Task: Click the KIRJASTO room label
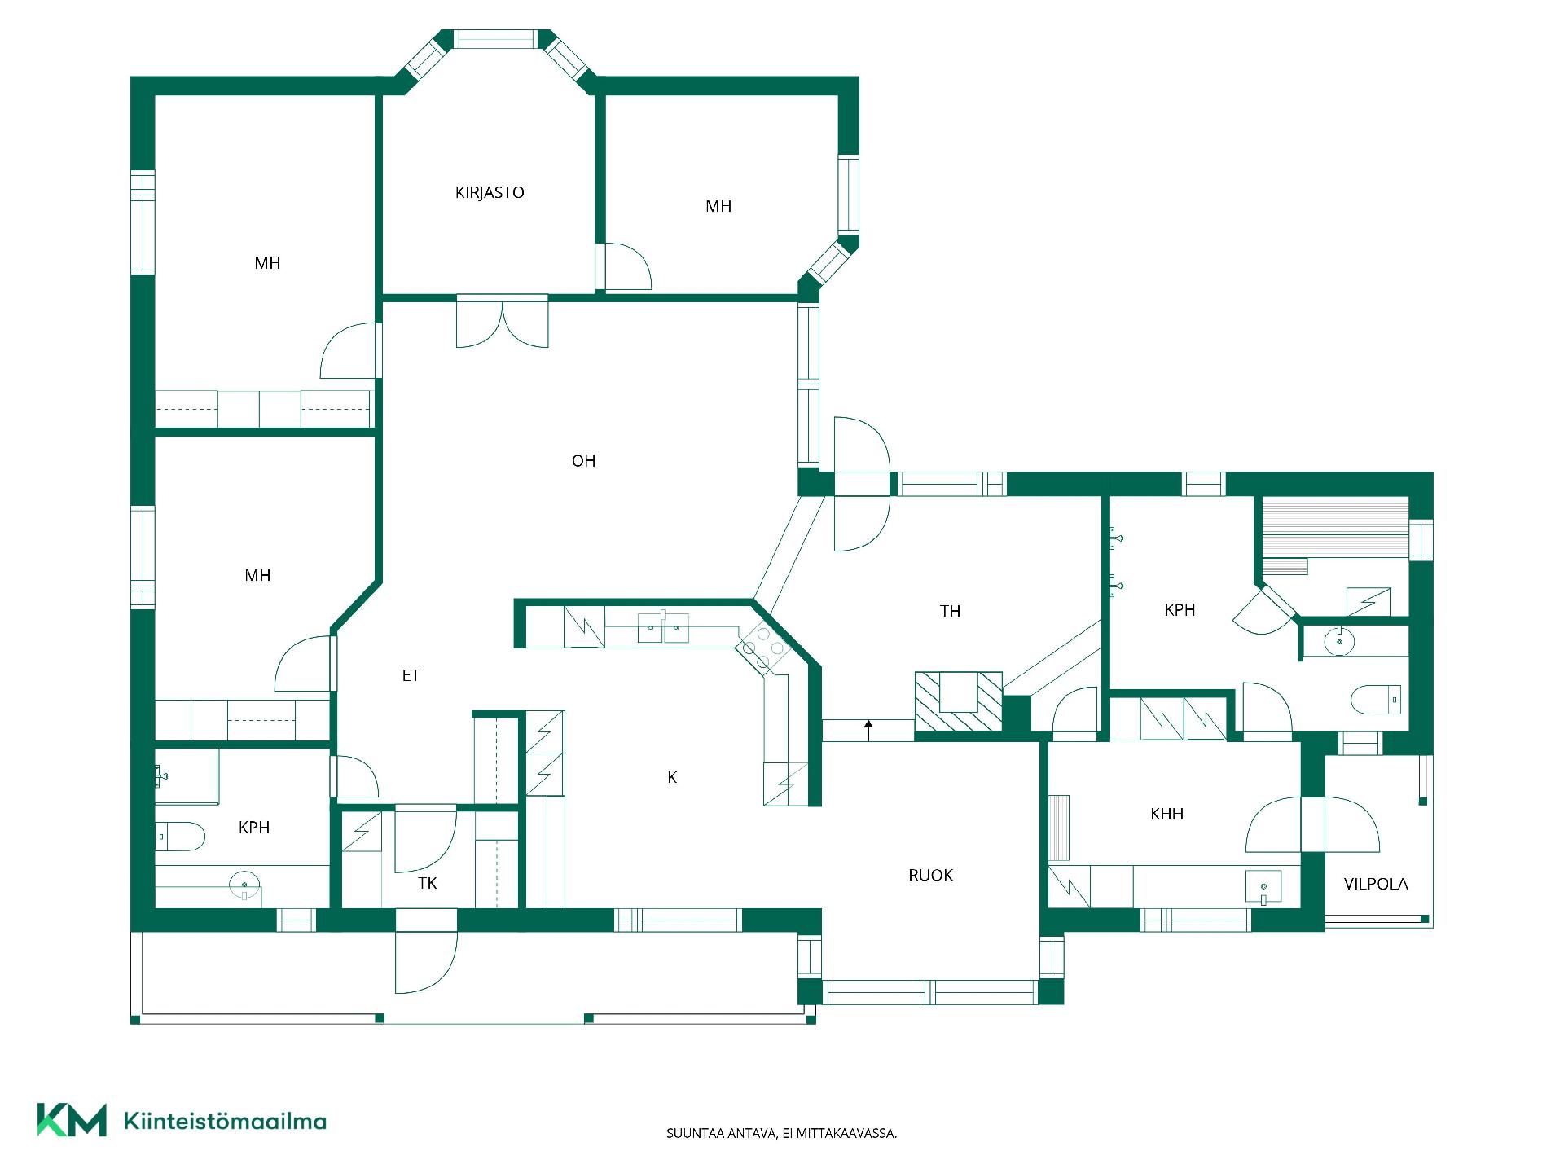point(490,192)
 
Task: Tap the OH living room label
point(583,461)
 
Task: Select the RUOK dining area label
point(930,875)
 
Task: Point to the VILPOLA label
point(1376,884)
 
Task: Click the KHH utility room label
point(1166,814)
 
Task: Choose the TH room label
point(950,611)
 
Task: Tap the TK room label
point(427,883)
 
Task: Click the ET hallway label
point(411,675)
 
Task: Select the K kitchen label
point(672,777)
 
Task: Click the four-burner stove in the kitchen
point(762,648)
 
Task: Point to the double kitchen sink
point(662,628)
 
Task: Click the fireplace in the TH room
point(959,701)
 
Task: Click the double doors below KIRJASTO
point(503,321)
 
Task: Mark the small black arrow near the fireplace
point(868,729)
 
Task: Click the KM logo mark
point(72,1120)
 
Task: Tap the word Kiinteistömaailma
point(225,1121)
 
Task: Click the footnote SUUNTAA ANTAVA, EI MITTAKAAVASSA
point(781,1133)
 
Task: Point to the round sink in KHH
point(1263,887)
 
